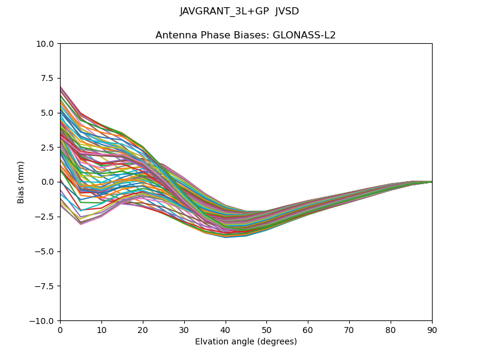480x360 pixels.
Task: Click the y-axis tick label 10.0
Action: tap(46, 43)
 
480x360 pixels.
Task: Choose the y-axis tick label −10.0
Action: tap(43, 320)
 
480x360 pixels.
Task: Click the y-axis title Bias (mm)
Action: tap(21, 182)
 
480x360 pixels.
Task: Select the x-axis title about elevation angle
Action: tap(246, 342)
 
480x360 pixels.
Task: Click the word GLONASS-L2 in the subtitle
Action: tap(304, 35)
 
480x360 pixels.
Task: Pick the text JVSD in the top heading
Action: tap(287, 11)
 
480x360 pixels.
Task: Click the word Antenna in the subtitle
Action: tap(173, 35)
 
